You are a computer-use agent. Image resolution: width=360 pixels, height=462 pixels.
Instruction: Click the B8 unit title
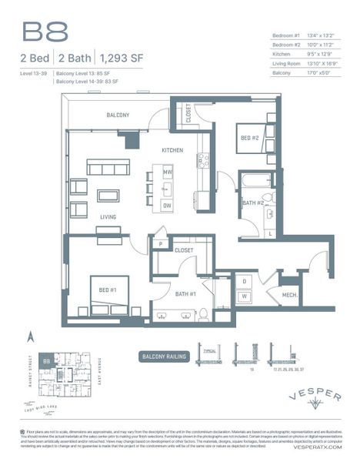click(x=45, y=32)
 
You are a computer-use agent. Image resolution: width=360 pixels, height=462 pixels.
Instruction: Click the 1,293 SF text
click(x=123, y=57)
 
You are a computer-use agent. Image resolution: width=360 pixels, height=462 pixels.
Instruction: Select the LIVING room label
click(x=108, y=216)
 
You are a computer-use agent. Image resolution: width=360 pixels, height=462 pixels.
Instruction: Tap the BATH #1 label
click(x=186, y=294)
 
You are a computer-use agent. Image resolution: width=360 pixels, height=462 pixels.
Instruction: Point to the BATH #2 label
click(x=253, y=203)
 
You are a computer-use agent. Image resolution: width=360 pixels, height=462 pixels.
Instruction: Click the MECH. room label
click(x=289, y=295)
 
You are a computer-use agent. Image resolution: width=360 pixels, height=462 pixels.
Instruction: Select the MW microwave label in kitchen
click(x=167, y=171)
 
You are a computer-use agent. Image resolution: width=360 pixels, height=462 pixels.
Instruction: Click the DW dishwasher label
click(x=167, y=205)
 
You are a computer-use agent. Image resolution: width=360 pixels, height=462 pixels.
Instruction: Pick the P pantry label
click(x=161, y=244)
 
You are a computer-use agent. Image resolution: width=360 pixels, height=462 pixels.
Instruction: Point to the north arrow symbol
click(x=32, y=336)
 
